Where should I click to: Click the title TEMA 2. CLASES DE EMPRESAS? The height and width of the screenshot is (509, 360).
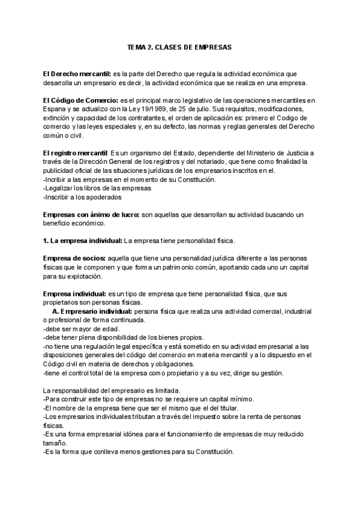point(179,46)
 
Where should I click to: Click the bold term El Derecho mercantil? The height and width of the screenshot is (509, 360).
point(69,73)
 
